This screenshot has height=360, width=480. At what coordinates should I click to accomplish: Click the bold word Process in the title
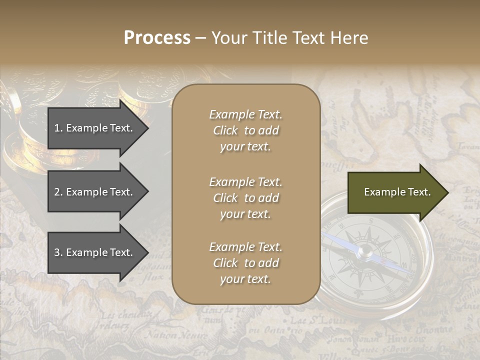[x=157, y=38]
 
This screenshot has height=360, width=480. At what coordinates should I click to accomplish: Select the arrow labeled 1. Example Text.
[x=95, y=128]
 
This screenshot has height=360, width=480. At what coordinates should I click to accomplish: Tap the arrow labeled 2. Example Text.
[x=95, y=192]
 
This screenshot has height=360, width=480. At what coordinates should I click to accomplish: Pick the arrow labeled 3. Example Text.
[x=95, y=252]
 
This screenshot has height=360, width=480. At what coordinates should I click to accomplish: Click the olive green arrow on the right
[x=395, y=192]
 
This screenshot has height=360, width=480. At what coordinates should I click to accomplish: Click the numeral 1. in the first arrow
[x=58, y=128]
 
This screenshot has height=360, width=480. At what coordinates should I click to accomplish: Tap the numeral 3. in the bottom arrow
[x=58, y=252]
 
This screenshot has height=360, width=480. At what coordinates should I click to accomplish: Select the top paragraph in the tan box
[x=245, y=130]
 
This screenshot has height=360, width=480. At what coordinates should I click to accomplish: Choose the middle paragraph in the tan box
[x=245, y=198]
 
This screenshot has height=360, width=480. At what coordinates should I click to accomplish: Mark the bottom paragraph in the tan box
[x=245, y=263]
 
